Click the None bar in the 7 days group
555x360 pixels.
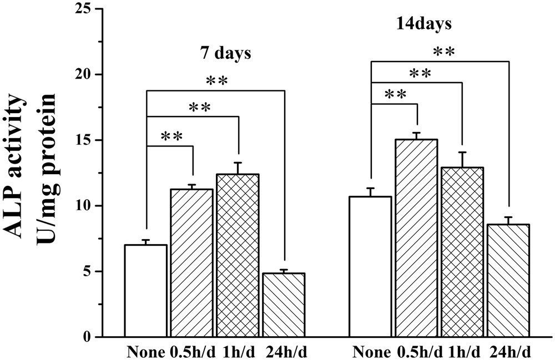click(145, 291)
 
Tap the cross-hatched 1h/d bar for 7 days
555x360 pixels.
click(238, 255)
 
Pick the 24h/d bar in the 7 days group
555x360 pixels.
click(284, 305)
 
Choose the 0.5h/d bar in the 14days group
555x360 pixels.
click(416, 238)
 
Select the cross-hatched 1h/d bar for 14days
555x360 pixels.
click(462, 252)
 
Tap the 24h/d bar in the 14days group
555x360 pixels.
click(508, 280)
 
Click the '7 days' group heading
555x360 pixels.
click(225, 54)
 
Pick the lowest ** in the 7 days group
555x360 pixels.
click(173, 136)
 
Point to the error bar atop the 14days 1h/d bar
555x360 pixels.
click(462, 159)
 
